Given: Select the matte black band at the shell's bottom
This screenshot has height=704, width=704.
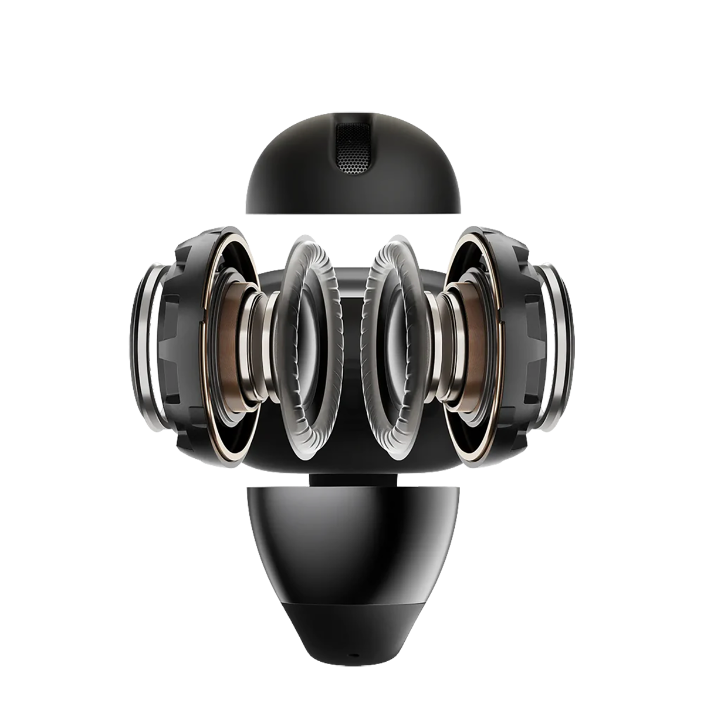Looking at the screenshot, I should tap(352, 622).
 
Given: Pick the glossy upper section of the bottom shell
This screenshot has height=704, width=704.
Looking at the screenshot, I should tap(352, 540).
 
